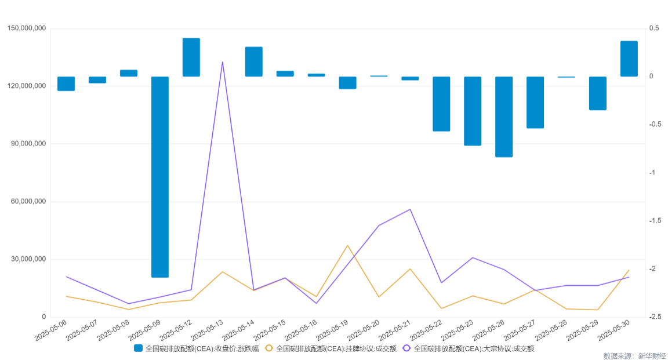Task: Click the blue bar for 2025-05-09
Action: pyautogui.click(x=160, y=177)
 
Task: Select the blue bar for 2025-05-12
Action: pyautogui.click(x=191, y=57)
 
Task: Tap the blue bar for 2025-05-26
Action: pyautogui.click(x=504, y=117)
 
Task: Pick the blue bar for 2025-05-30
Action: pyautogui.click(x=629, y=59)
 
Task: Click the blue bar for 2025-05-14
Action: pyautogui.click(x=254, y=61)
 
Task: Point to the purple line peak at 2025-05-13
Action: pyautogui.click(x=223, y=61)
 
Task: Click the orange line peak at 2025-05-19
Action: pyautogui.click(x=348, y=245)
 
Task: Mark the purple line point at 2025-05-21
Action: pyautogui.click(x=411, y=209)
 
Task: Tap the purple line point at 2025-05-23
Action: pyautogui.click(x=473, y=257)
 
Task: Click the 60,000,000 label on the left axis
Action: pyautogui.click(x=27, y=202)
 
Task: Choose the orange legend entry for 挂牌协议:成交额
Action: pyautogui.click(x=331, y=348)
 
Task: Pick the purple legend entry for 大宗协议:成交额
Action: pyautogui.click(x=468, y=348)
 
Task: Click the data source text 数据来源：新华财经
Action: pyautogui.click(x=634, y=355)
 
